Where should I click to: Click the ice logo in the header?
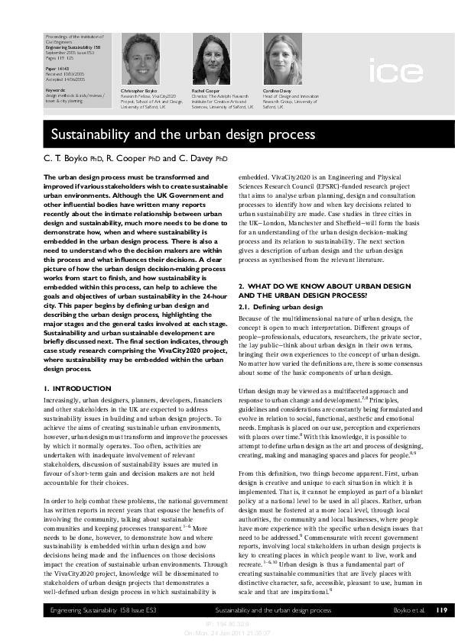395,73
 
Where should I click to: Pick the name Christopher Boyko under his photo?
138,91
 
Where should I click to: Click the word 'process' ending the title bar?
289,134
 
